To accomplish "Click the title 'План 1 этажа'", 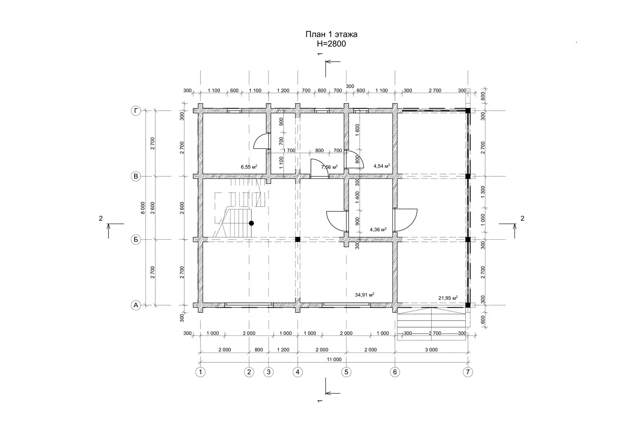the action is coord(331,34).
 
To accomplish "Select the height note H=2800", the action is coord(331,44).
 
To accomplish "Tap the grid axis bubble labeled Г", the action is coord(135,111).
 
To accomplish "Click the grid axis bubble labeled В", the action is coord(135,176).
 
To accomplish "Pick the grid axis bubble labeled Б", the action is coord(135,240).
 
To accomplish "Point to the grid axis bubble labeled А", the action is coord(135,305).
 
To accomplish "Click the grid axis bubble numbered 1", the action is coord(200,372).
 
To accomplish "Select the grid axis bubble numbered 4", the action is coord(298,372).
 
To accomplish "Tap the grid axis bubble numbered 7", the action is coord(468,372).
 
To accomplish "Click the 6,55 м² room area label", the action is coord(249,166).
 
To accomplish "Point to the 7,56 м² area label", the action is coord(330,167).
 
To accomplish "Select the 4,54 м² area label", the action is coord(382,166).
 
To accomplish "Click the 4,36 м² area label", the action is coord(378,229).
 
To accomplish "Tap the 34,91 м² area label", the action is coord(365,295).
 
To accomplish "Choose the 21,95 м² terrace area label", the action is coord(448,298).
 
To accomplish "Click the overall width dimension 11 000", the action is coord(334,359).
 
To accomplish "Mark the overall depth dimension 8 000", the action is coord(142,208).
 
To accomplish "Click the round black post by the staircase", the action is coord(251,223).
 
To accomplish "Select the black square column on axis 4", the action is coord(298,239).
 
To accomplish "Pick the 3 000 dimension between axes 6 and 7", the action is coord(431,350).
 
